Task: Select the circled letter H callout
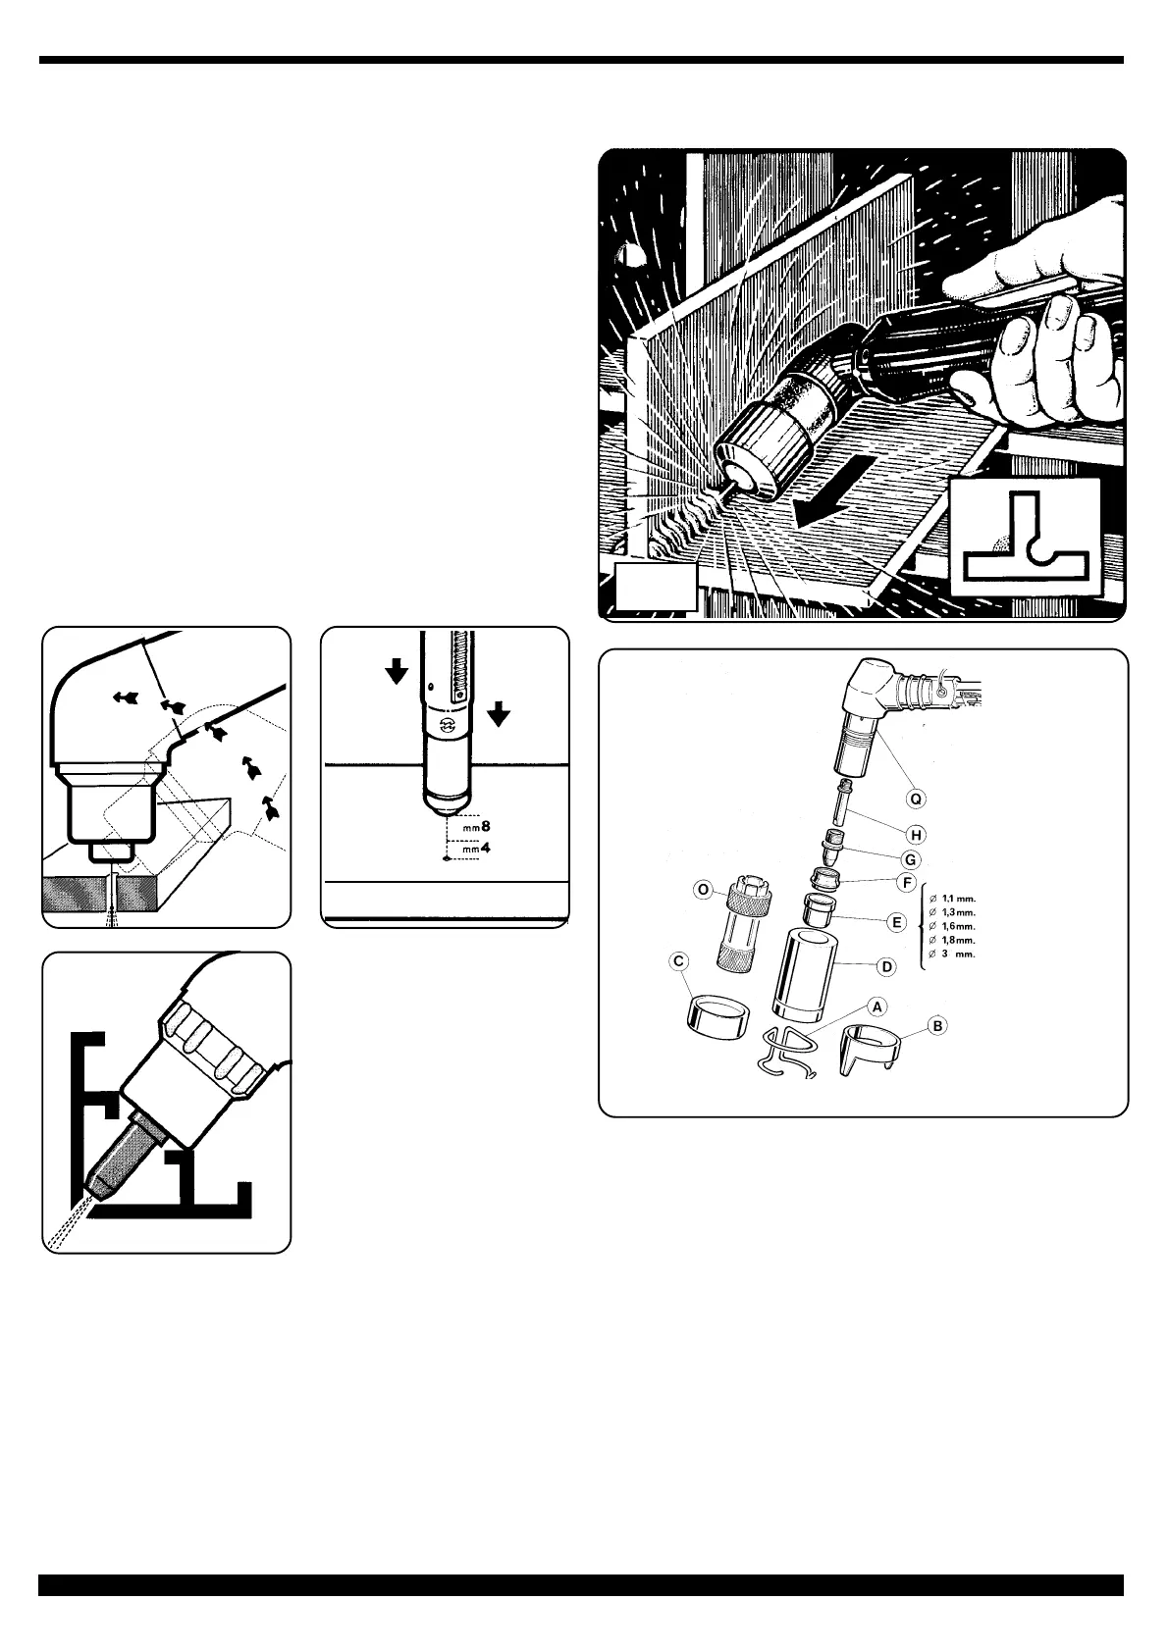click(x=916, y=835)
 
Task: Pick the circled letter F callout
click(x=908, y=884)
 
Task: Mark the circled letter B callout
click(x=938, y=1026)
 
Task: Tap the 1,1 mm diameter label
click(x=957, y=897)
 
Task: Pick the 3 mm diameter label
click(x=957, y=954)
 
